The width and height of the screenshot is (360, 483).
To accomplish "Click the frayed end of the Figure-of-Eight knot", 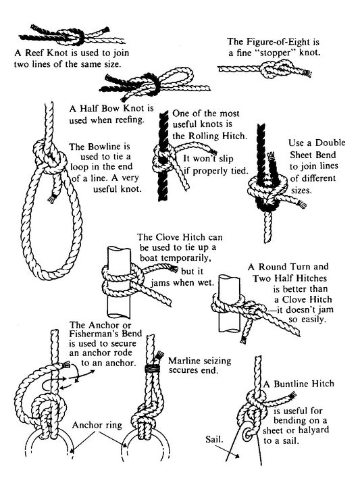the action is coord(307,74).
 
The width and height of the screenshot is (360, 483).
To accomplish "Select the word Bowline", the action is coord(104,146).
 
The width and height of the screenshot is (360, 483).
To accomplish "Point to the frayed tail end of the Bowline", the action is coord(52,199).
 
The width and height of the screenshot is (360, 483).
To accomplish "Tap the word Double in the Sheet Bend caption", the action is coord(330,143).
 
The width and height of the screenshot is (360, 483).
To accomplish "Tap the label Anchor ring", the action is coord(97,426).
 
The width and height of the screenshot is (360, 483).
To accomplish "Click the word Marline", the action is coord(184,361).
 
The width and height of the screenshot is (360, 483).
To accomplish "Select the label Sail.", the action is coord(214,439).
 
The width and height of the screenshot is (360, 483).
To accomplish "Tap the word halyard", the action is coord(313,430).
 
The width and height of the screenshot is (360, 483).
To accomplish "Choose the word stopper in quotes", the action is coord(276,53).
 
